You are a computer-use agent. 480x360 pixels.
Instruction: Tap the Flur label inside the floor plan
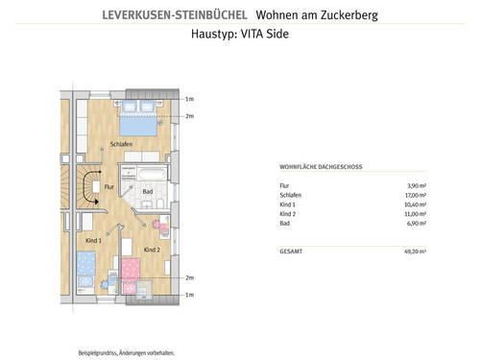coord(109,186)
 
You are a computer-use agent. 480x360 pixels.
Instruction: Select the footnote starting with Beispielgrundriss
coord(121,352)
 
